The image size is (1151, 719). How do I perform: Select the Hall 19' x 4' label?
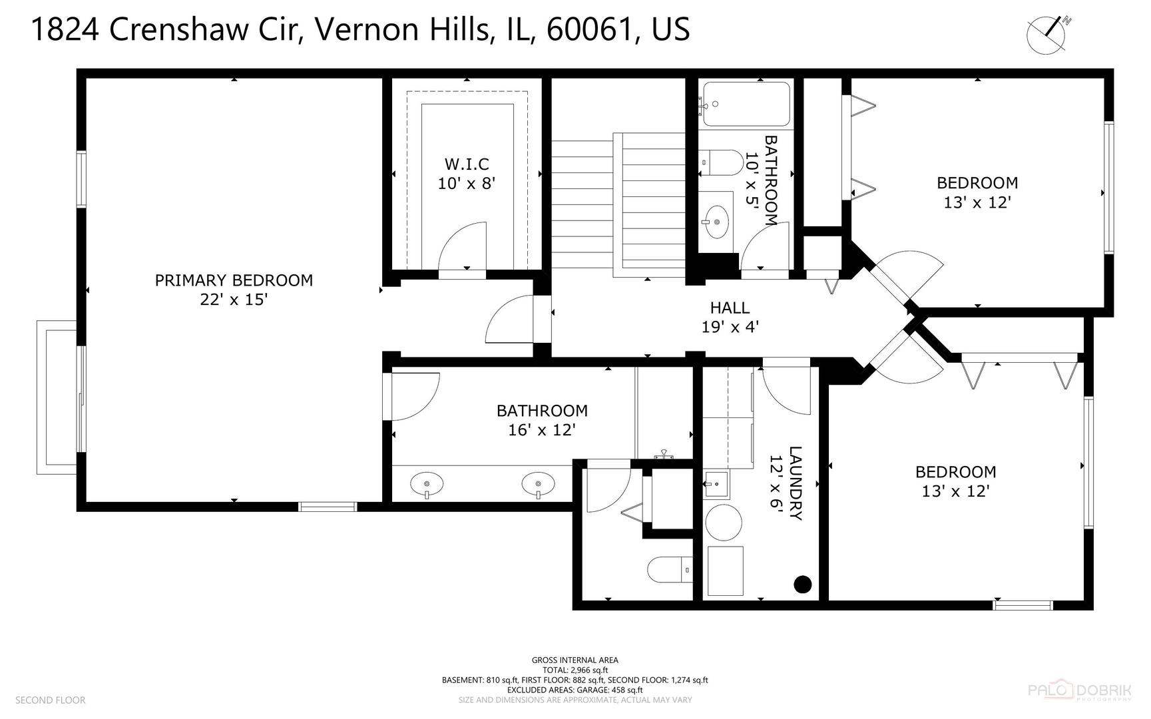click(x=730, y=317)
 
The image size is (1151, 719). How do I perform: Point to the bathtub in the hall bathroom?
click(x=746, y=104)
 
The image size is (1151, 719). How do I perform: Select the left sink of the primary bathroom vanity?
click(x=427, y=484)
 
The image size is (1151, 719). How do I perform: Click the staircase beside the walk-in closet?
click(x=618, y=203)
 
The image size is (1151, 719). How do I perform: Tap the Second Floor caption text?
click(x=51, y=700)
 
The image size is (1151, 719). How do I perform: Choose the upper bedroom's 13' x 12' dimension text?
click(x=977, y=202)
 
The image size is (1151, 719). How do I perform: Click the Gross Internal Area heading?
click(x=575, y=660)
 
